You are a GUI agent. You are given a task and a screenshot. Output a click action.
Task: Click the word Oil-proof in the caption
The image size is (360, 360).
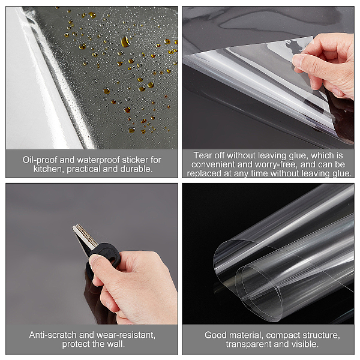40,160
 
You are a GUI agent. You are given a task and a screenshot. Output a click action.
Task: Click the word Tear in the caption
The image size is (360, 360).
202,155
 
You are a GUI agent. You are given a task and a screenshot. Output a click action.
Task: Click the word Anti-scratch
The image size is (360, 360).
53,335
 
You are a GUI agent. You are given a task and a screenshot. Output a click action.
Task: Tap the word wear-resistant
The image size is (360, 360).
126,335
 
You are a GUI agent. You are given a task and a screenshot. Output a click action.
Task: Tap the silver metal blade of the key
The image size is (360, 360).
84,236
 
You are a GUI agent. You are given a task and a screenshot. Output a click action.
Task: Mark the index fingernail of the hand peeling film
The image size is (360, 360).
298,60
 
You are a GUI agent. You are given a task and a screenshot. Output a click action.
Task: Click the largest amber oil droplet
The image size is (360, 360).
125,41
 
